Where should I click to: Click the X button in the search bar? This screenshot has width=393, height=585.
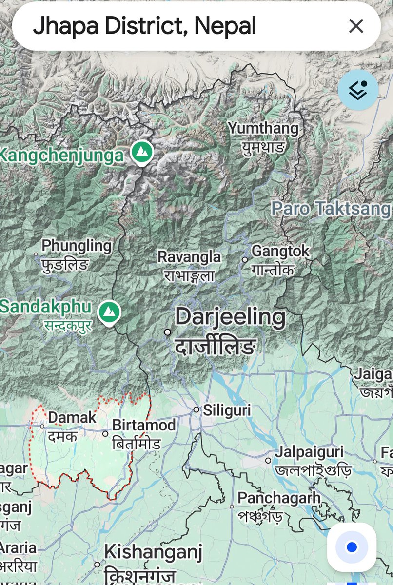pos(356,26)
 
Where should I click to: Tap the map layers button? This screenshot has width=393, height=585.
pos(358,90)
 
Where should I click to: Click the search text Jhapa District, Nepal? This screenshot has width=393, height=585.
pos(144,26)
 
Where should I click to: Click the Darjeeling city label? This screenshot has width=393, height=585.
pos(230,317)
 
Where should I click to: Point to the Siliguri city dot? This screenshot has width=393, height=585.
pos(196,410)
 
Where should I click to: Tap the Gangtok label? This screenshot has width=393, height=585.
pos(280,252)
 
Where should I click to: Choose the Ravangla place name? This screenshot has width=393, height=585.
pos(189,257)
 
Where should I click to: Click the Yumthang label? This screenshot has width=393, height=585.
pos(263,129)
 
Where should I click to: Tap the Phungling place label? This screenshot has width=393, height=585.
pos(77,246)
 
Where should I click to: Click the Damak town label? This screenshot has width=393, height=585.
pos(72,418)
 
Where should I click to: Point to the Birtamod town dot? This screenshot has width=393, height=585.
pos(105,433)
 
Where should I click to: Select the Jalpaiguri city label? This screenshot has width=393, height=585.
pos(309,452)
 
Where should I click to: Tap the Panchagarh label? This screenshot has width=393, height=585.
pos(279,498)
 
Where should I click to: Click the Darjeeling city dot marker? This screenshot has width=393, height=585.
pos(167,332)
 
